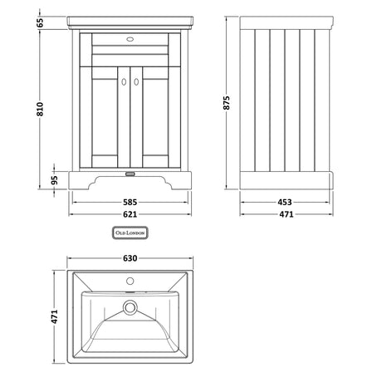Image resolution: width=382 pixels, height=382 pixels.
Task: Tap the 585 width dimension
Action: [x=126, y=201]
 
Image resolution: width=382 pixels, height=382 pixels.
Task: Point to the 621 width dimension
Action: [x=126, y=213]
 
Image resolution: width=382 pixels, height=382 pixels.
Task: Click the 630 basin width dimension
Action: [x=126, y=257]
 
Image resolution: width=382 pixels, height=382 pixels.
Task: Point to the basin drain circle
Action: [x=129, y=308]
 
